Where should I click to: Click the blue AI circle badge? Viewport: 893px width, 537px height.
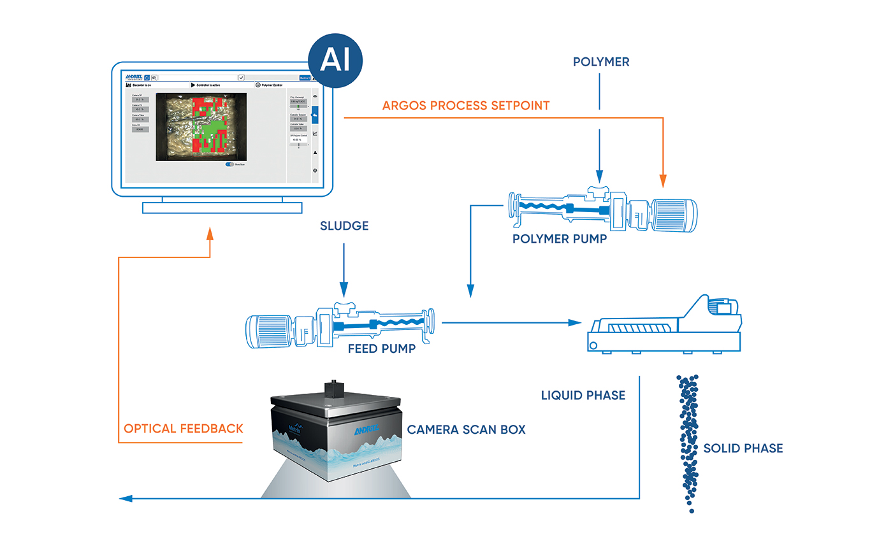coord(335,61)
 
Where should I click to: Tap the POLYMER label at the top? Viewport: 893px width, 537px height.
coord(601,62)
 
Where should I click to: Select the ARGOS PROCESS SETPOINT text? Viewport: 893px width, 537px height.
coord(466,106)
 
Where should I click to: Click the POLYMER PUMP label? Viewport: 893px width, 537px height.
coord(560,239)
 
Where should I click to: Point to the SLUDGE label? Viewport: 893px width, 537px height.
coord(344,226)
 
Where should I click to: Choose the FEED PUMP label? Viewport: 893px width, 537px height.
coord(382,348)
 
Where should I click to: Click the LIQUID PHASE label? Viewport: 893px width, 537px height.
coord(583,396)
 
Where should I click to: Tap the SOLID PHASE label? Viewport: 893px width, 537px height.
coord(743,448)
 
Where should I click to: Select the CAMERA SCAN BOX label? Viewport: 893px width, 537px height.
coord(467,430)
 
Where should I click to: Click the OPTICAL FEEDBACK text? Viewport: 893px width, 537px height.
coord(184,429)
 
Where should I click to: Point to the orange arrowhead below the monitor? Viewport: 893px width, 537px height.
coord(210,233)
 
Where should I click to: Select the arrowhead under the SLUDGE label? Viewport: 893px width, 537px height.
coord(344,291)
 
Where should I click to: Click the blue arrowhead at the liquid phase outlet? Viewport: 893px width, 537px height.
coord(126,498)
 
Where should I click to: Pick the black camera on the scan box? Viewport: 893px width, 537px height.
coord(332,387)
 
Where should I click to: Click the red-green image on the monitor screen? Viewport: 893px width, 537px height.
coord(201,126)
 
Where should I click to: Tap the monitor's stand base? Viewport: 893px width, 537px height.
coord(222,208)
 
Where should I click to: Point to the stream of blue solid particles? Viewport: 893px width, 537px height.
coord(688,440)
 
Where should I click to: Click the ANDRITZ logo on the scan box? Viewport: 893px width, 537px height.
coord(367,430)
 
